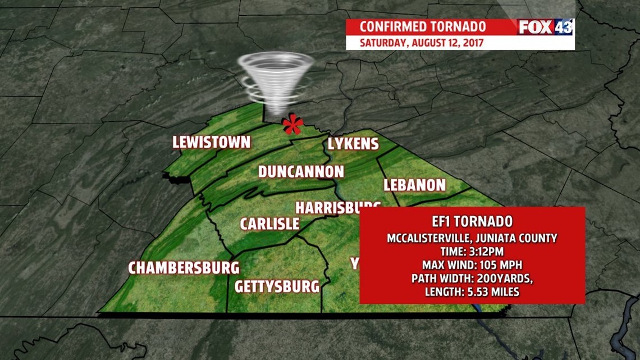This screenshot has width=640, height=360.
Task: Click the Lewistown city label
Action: tap(211, 142)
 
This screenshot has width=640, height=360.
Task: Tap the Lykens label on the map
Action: tap(353, 144)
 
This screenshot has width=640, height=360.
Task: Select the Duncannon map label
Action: tap(300, 171)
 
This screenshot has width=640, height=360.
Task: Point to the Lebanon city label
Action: tap(414, 185)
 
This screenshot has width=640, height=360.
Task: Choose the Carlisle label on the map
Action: tap(269, 224)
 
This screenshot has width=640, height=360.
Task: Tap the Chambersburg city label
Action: tap(184, 268)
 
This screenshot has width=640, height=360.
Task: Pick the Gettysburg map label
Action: tap(277, 286)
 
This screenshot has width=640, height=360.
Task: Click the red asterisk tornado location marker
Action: tap(292, 125)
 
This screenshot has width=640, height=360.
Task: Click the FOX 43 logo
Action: tap(545, 27)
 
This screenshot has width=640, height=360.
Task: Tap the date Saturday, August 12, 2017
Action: tap(422, 43)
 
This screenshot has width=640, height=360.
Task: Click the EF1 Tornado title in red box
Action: tap(472, 222)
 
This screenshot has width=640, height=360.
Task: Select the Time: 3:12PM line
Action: tap(472, 251)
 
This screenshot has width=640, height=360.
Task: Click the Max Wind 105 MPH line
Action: tap(472, 265)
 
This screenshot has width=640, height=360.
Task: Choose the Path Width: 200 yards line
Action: tap(472, 278)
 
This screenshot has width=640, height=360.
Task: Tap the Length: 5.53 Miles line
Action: tap(472, 291)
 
